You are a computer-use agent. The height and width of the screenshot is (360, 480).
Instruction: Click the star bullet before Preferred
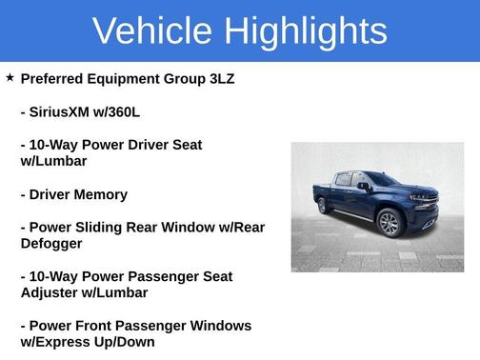[x=10, y=78]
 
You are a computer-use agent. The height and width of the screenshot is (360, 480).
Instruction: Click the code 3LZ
[x=218, y=79]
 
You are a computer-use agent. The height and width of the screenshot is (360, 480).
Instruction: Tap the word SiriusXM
[x=64, y=112]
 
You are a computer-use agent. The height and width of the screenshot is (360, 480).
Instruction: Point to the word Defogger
[x=54, y=244]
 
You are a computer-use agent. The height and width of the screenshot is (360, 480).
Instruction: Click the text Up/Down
[x=129, y=342]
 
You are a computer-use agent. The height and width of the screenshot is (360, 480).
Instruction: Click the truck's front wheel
[x=389, y=223]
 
